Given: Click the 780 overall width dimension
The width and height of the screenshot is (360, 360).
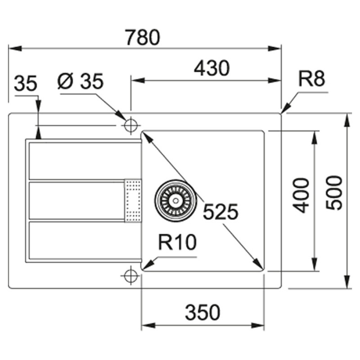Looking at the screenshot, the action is pyautogui.click(x=143, y=37).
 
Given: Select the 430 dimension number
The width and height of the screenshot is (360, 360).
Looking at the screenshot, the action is pyautogui.click(x=211, y=68).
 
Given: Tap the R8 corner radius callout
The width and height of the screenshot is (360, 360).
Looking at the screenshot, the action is pyautogui.click(x=311, y=78).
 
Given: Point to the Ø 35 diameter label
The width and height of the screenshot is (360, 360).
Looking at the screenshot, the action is pyautogui.click(x=81, y=81).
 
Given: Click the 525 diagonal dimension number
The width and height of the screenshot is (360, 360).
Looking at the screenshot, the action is pyautogui.click(x=220, y=212).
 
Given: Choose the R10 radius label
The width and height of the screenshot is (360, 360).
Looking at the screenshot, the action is pyautogui.click(x=177, y=242).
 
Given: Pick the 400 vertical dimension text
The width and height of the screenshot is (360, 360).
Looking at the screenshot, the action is pyautogui.click(x=301, y=195).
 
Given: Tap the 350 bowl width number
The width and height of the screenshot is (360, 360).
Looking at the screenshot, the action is pyautogui.click(x=202, y=312).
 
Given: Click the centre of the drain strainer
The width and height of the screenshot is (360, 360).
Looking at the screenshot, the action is pyautogui.click(x=175, y=201).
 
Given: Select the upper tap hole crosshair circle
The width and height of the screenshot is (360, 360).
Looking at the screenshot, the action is pyautogui.click(x=130, y=126).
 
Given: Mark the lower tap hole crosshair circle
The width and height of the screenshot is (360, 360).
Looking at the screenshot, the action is pyautogui.click(x=130, y=275).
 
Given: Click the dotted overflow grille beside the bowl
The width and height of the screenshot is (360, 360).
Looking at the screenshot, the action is pyautogui.click(x=133, y=201).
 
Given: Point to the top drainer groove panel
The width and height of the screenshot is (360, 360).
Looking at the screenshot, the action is pyautogui.click(x=85, y=161).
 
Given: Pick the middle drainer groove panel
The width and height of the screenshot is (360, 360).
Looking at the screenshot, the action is pyautogui.click(x=77, y=200).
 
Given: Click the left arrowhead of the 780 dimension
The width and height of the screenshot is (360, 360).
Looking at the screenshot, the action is pyautogui.click(x=15, y=49).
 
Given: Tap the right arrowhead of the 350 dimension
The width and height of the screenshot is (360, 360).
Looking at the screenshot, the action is pyautogui.click(x=257, y=325).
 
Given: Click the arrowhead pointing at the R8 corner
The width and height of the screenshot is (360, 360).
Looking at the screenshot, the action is pyautogui.click(x=286, y=108).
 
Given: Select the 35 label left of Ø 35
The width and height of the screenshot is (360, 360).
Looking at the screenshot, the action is pyautogui.click(x=26, y=83).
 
